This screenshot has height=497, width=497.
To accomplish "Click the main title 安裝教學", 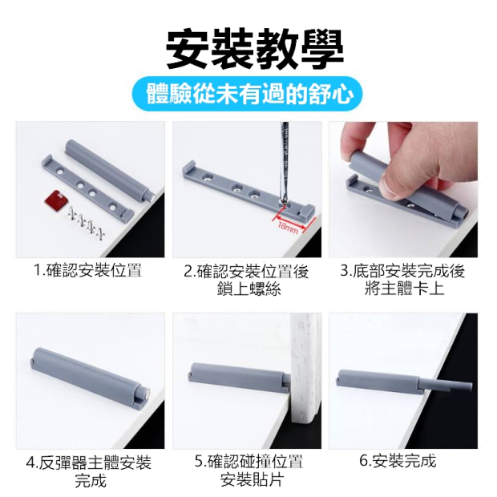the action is [x=255, y=49].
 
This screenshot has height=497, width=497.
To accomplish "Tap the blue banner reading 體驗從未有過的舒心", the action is [x=247, y=94].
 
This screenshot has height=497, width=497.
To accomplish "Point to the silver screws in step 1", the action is [x=87, y=224].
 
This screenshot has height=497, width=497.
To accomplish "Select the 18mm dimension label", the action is [x=288, y=227].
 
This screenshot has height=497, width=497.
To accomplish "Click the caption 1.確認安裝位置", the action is [x=87, y=270].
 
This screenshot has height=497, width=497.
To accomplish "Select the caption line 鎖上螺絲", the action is [x=249, y=289].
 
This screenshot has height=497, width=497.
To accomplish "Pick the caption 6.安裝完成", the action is [x=398, y=460].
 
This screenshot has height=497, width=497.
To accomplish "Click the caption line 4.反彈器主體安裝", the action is [x=89, y=463].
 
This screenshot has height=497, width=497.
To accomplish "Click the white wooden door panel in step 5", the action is [x=305, y=369].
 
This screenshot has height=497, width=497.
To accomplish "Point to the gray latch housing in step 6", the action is [x=379, y=380].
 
